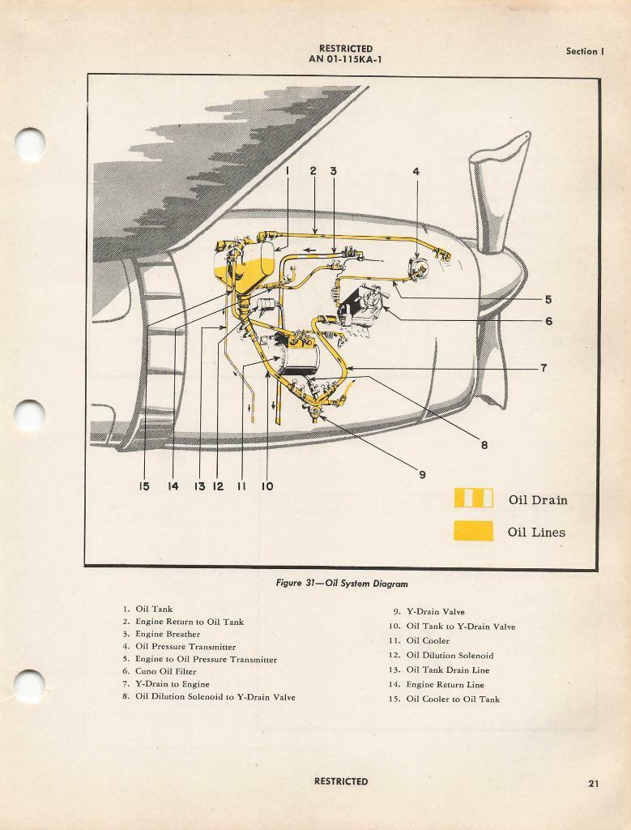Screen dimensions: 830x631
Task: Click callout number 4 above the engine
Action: (x=416, y=172)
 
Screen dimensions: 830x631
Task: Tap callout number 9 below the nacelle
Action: (x=422, y=475)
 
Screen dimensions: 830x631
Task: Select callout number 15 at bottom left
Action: (x=144, y=486)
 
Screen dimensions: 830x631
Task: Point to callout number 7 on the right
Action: (x=543, y=368)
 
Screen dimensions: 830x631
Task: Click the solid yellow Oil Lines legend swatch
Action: (x=473, y=531)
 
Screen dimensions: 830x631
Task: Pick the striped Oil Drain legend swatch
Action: (x=473, y=498)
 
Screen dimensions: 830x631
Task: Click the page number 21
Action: (x=594, y=783)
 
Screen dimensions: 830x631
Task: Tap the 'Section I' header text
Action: (x=585, y=51)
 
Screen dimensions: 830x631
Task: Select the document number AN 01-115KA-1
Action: (x=346, y=59)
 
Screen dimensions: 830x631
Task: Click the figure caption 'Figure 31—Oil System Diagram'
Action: (x=341, y=584)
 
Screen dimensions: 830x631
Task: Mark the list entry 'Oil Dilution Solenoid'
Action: (x=450, y=656)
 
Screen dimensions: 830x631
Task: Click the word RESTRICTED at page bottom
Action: (x=341, y=782)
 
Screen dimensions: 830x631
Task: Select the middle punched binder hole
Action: (x=30, y=416)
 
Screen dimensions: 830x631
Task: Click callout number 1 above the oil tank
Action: (x=287, y=172)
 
